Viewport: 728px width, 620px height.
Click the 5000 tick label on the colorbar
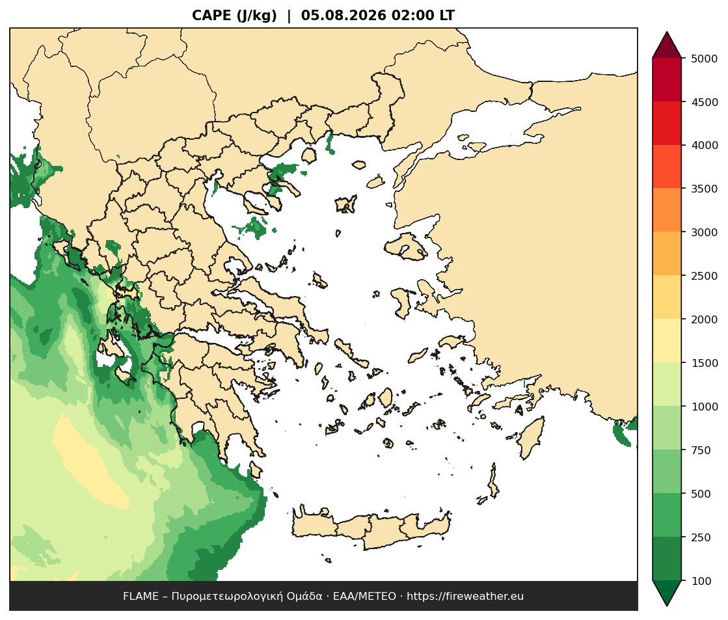click(x=705, y=59)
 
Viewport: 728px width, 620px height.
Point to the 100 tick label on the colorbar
click(x=701, y=580)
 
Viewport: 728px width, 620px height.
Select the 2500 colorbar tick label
click(x=705, y=276)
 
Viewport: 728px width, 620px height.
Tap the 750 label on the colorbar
click(x=701, y=450)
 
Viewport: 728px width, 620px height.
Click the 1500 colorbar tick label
click(x=705, y=363)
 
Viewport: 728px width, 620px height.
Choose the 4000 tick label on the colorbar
click(x=705, y=145)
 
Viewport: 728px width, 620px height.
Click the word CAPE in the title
click(x=211, y=16)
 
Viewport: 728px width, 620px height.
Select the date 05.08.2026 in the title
click(x=344, y=16)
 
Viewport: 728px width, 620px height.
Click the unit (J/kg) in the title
click(x=257, y=16)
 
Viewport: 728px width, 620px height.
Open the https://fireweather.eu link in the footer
click(x=465, y=597)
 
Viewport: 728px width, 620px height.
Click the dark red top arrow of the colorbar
click(x=667, y=45)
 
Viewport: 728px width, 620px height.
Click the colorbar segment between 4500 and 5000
click(x=667, y=80)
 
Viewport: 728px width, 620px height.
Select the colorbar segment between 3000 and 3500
click(x=667, y=210)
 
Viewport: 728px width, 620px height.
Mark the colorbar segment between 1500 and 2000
click(x=667, y=341)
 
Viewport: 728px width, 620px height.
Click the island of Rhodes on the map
click(x=531, y=437)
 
